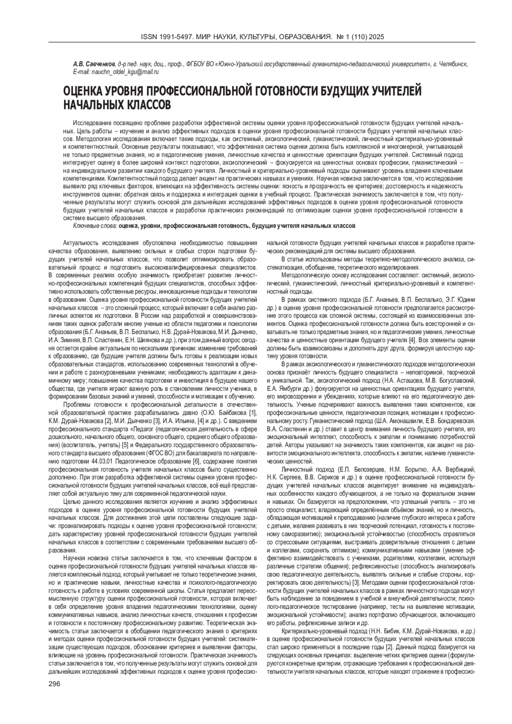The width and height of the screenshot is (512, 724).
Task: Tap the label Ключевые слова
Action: [x=95, y=225]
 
